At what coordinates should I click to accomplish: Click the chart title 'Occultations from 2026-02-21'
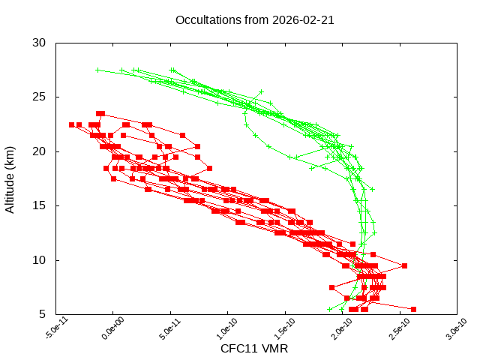pyautogui.click(x=254, y=19)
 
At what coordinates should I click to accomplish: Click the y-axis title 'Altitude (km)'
pyautogui.click(x=10, y=179)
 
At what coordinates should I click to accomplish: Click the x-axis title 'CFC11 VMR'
pyautogui.click(x=254, y=349)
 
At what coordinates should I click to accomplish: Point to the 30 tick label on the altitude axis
pyautogui.click(x=40, y=43)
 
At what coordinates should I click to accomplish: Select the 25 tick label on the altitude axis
pyautogui.click(x=40, y=97)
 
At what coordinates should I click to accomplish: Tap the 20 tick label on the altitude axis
pyautogui.click(x=40, y=151)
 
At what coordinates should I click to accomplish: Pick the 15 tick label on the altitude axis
pyautogui.click(x=40, y=205)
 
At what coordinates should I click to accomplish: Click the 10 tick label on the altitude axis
pyautogui.click(x=40, y=260)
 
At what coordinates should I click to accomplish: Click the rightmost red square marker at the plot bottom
pyautogui.click(x=413, y=309)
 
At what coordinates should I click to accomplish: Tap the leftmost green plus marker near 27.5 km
pyautogui.click(x=97, y=70)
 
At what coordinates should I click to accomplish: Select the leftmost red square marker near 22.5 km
pyautogui.click(x=71, y=124)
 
